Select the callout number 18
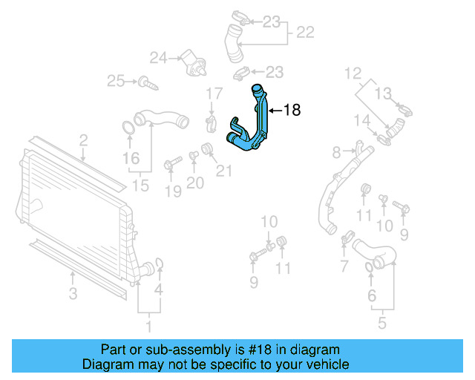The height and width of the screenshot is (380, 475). point(292,111)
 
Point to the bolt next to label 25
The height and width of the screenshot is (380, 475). point(150,82)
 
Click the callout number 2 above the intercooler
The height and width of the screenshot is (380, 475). point(83,140)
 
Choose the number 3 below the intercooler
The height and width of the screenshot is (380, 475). point(73,295)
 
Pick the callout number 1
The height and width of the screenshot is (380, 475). point(147,324)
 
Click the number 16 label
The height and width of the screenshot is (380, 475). point(131,158)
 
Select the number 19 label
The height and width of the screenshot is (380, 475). point(172,193)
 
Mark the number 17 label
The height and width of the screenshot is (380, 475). point(214,94)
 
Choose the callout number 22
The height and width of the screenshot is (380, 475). point(305,33)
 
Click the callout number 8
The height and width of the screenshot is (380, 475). point(336,152)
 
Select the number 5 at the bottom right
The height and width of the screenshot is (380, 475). point(382,324)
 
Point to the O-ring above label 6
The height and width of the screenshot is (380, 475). point(371,267)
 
